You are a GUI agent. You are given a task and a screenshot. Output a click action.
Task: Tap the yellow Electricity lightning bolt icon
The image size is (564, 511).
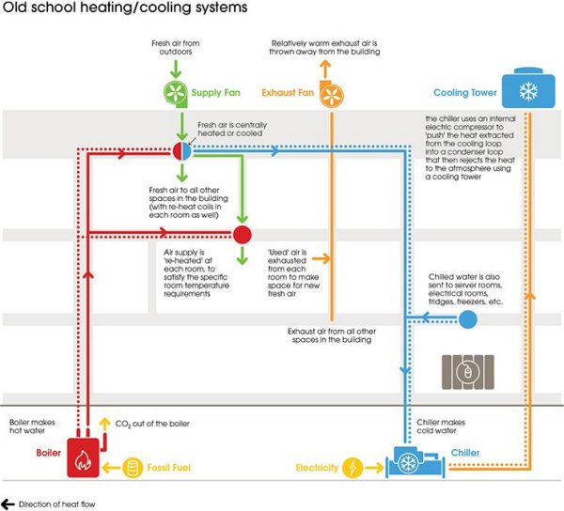[x=352, y=466]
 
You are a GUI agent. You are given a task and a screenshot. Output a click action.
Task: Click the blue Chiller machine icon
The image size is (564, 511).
[x=408, y=463]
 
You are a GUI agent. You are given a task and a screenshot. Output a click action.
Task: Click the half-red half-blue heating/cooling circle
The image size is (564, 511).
[x=180, y=151]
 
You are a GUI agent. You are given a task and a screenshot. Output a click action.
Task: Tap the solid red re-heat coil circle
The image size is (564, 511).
[x=242, y=234]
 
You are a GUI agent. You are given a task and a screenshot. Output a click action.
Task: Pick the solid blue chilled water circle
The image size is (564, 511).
[x=468, y=320]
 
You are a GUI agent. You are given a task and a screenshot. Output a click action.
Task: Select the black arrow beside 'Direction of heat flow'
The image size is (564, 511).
[x=8, y=503]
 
